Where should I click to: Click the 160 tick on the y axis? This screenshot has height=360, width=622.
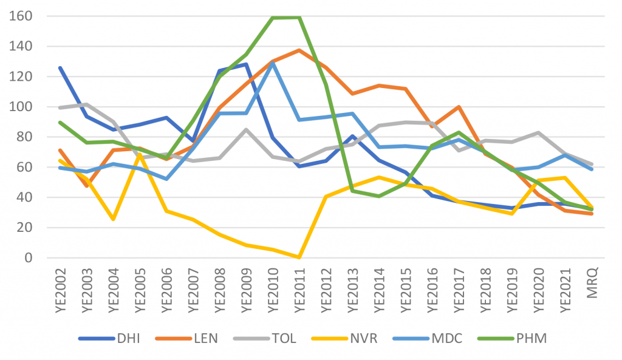[x=21, y=16]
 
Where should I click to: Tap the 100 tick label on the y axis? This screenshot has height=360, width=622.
[x=21, y=107]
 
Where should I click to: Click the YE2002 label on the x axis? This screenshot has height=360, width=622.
[x=60, y=291]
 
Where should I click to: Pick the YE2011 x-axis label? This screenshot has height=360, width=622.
[x=299, y=291]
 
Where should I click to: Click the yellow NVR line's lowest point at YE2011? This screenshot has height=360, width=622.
[x=299, y=257]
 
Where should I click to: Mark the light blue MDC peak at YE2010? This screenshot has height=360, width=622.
[x=273, y=64]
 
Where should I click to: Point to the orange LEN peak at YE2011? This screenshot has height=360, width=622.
[x=299, y=50]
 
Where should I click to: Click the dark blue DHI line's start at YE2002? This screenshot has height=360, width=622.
[x=60, y=68]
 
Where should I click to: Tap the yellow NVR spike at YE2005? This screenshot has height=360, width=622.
[x=140, y=155]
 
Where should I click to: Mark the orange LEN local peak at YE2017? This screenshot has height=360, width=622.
[x=459, y=107]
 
